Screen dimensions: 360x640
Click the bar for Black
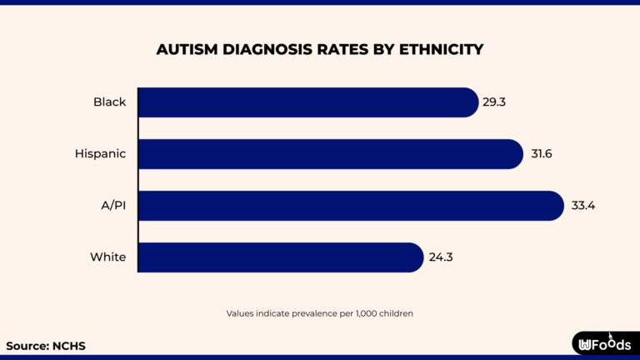[308, 102]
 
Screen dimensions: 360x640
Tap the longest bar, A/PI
[351, 206]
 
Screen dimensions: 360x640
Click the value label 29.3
[496, 102]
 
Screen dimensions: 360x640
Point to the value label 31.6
[543, 154]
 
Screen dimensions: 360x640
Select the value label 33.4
[581, 206]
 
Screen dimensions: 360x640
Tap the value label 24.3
[441, 257]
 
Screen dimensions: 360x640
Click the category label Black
[109, 102]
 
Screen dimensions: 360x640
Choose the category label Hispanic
[101, 154]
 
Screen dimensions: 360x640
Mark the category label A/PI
[112, 206]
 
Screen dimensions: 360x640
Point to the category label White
[108, 257]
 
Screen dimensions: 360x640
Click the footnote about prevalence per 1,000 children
[320, 313]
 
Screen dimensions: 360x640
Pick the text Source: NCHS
[46, 345]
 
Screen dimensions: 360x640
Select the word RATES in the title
[342, 50]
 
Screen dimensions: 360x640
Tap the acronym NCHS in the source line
[68, 345]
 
